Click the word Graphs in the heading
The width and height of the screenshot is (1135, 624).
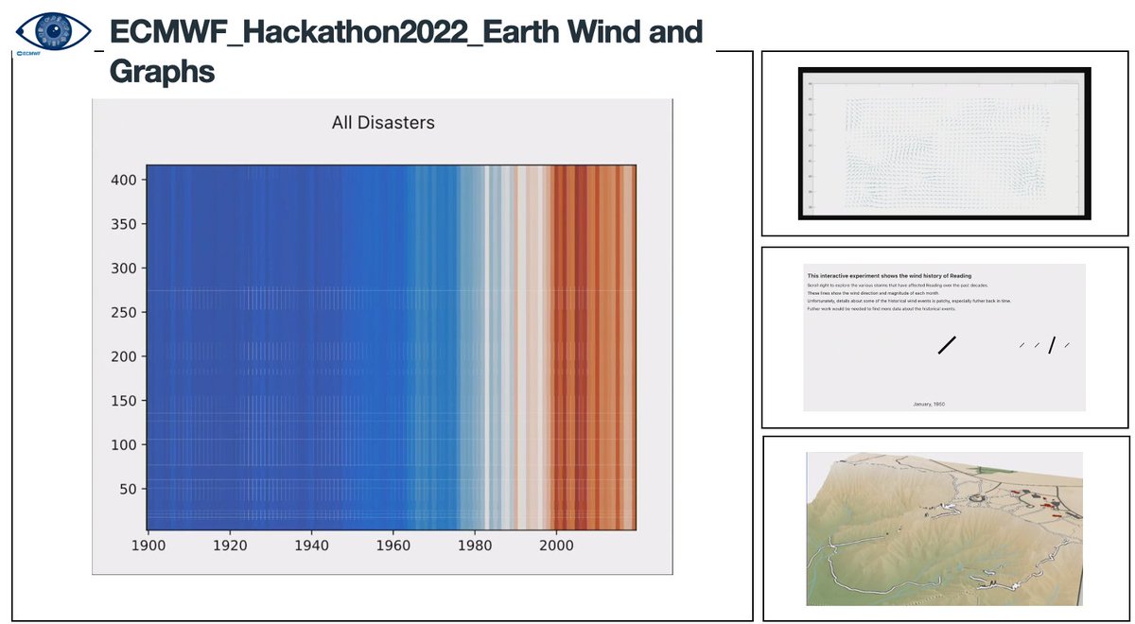(162, 72)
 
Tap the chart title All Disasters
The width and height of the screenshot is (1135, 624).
(382, 122)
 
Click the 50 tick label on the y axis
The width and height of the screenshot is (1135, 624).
(133, 489)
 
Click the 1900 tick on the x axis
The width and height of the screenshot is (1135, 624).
(148, 546)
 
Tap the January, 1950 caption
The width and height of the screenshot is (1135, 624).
(929, 404)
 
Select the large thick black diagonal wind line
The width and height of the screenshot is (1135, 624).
(947, 345)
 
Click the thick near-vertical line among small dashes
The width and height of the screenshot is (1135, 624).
(1051, 345)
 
